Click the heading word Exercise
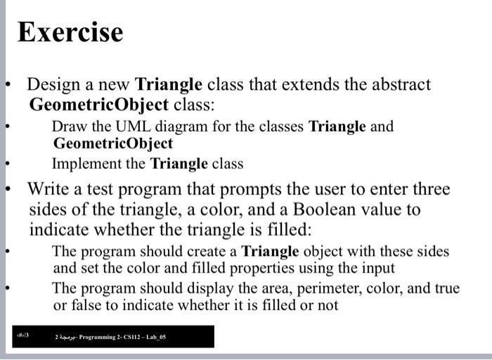[70, 32]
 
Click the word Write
[48, 189]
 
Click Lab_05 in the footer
[155, 337]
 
